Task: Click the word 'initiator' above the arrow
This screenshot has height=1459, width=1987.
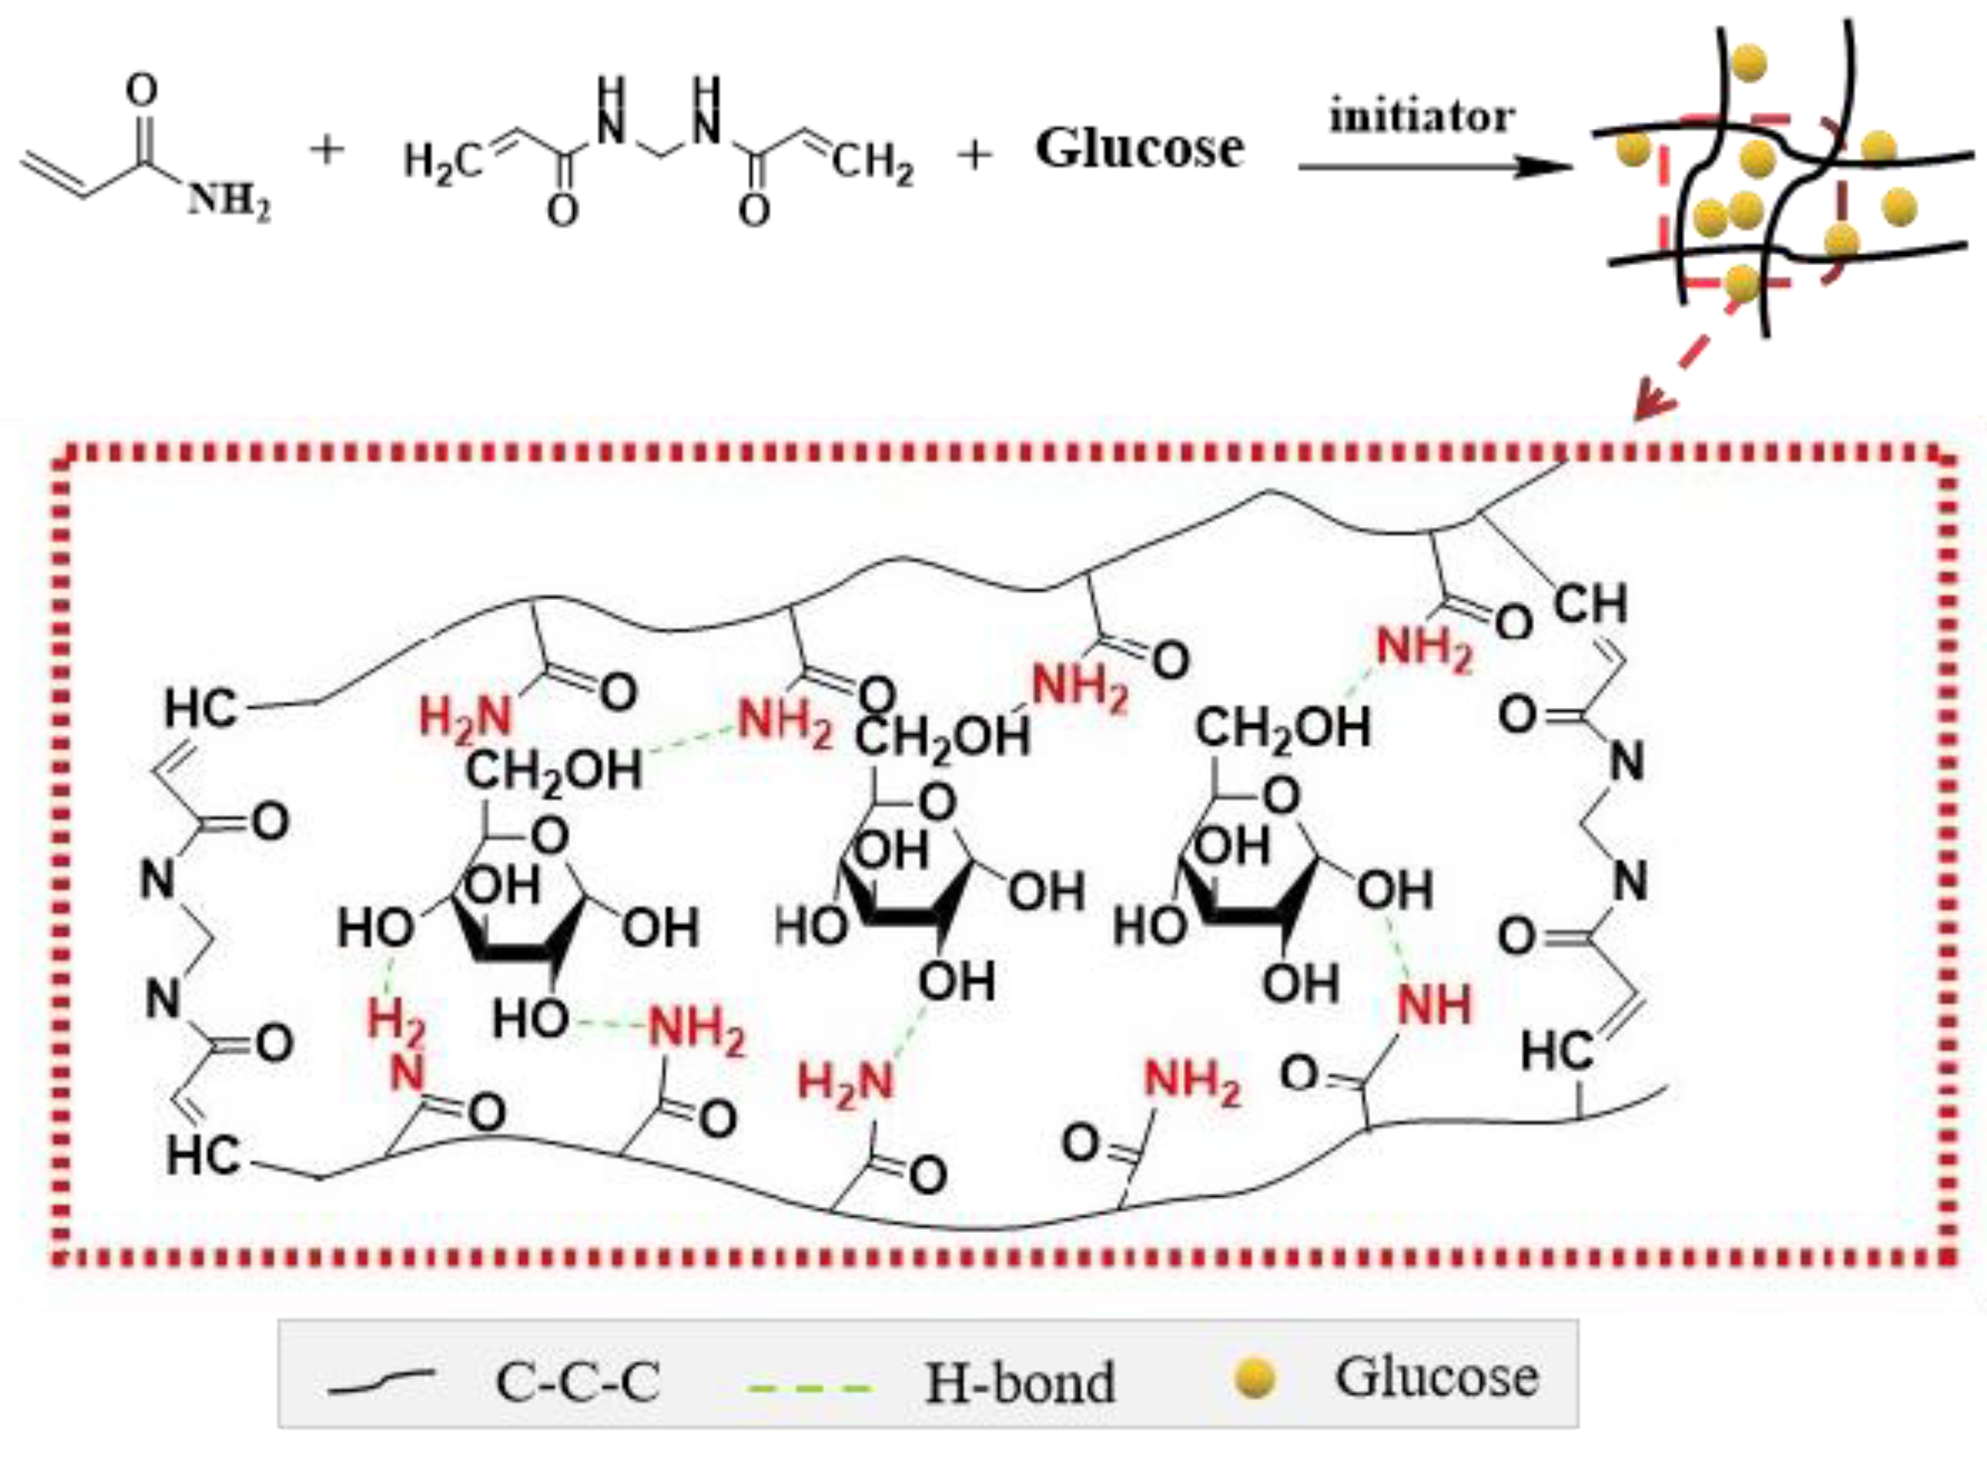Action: [x=1421, y=116]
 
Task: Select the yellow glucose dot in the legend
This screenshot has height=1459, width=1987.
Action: [x=1256, y=1379]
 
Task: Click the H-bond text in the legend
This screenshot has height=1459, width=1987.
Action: [x=1020, y=1383]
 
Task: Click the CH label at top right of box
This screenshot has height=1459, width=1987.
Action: [x=1589, y=605]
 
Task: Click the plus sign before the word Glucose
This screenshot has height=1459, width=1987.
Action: [x=975, y=156]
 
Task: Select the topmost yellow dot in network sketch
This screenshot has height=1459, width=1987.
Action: [x=1749, y=64]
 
